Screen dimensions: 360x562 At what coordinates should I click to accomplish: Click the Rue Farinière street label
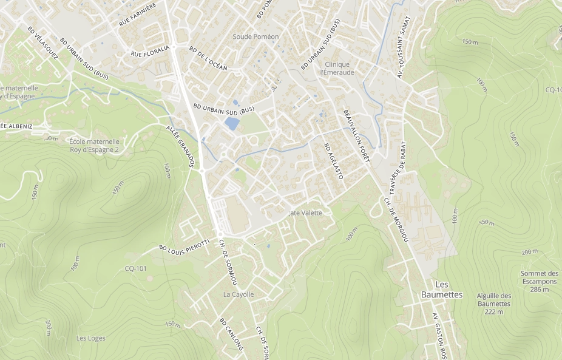tap(138, 14)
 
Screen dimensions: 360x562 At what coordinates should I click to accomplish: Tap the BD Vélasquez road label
tap(42, 43)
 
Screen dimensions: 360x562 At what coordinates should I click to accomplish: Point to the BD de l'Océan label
tap(208, 59)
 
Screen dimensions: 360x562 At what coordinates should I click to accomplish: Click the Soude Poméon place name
tap(256, 37)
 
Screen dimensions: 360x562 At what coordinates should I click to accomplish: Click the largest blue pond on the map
tap(231, 123)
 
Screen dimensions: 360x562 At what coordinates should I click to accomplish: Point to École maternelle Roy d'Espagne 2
tap(93, 145)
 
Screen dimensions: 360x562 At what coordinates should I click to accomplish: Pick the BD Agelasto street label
tap(334, 161)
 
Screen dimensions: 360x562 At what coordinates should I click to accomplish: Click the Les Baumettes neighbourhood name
tap(441, 290)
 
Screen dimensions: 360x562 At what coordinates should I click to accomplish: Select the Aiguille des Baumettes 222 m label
tap(494, 304)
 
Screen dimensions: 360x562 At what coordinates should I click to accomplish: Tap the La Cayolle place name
tap(239, 294)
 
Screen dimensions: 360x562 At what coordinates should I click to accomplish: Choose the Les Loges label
tap(91, 338)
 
